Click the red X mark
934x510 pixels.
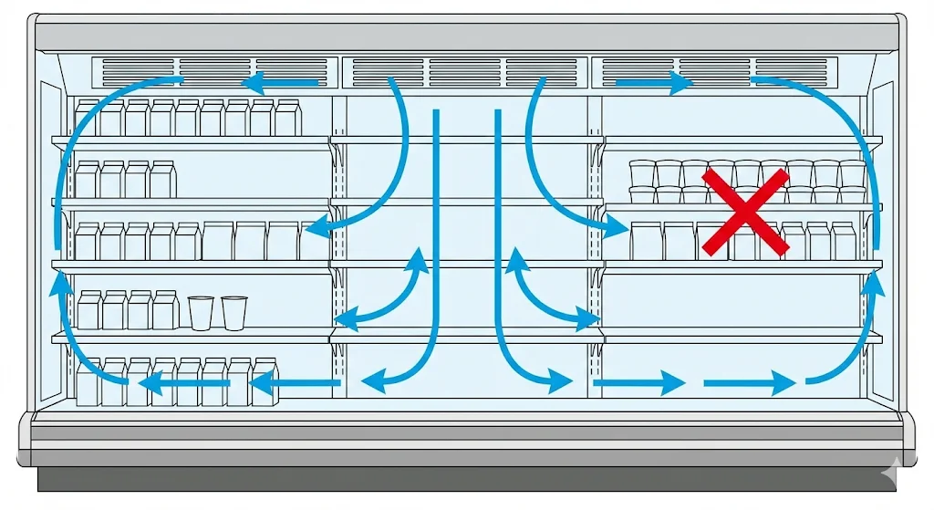click(745, 212)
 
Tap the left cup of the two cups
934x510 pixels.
click(201, 312)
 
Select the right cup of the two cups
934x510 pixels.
click(234, 312)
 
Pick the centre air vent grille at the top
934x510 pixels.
click(464, 67)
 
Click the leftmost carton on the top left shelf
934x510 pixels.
click(88, 118)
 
